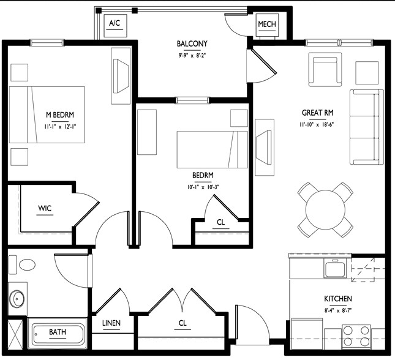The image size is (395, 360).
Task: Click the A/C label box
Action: click(x=114, y=24)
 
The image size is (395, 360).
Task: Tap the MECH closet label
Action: click(x=268, y=24)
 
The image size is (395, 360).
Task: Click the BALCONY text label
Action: click(x=192, y=43)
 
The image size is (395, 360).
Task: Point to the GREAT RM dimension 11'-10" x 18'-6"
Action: click(x=317, y=124)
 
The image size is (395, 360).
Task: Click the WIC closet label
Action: click(x=45, y=209)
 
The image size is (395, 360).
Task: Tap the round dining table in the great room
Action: click(x=325, y=209)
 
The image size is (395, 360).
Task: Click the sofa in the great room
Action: click(x=366, y=127)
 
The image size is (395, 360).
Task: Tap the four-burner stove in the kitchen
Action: click(x=356, y=337)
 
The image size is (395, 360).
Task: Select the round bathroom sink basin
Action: click(x=17, y=299)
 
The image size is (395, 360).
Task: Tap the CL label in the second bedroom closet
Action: click(x=221, y=223)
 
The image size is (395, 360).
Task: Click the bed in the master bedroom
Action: click(x=47, y=114)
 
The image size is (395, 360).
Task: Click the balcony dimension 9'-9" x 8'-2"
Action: click(x=192, y=54)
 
